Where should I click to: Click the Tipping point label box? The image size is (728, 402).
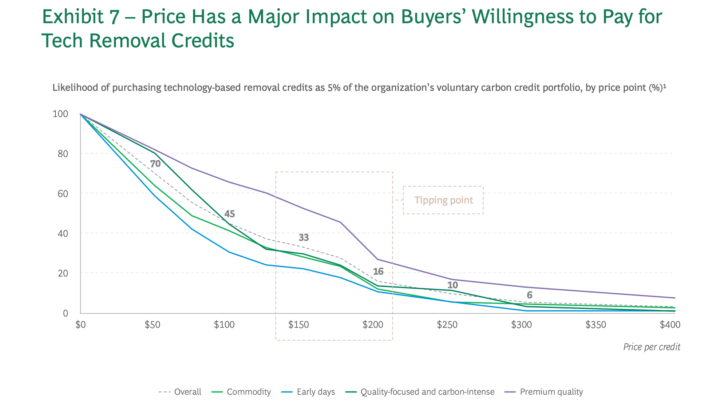[x=443, y=200]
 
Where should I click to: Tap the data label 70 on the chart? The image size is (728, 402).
[x=155, y=164]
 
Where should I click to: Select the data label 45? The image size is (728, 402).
[x=229, y=214]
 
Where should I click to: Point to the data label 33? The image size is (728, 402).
[x=304, y=238]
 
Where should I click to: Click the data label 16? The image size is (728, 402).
[x=378, y=272]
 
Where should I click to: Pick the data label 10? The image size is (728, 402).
[x=452, y=285]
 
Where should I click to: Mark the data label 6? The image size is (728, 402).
[x=529, y=295]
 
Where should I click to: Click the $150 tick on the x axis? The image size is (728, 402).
[x=298, y=325]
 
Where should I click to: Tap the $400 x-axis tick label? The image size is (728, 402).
[x=670, y=325]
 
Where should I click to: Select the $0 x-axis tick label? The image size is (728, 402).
[x=80, y=325]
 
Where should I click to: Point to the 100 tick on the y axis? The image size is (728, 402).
[x=60, y=114]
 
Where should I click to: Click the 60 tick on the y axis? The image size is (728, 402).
[x=63, y=194]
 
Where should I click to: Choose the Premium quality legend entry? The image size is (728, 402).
[x=551, y=392]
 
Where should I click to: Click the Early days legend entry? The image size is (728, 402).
[x=315, y=392]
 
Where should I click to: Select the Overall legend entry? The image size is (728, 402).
[x=187, y=392]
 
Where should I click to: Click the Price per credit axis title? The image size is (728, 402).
[x=652, y=347]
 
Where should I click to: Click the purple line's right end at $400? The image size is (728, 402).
[x=674, y=298]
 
